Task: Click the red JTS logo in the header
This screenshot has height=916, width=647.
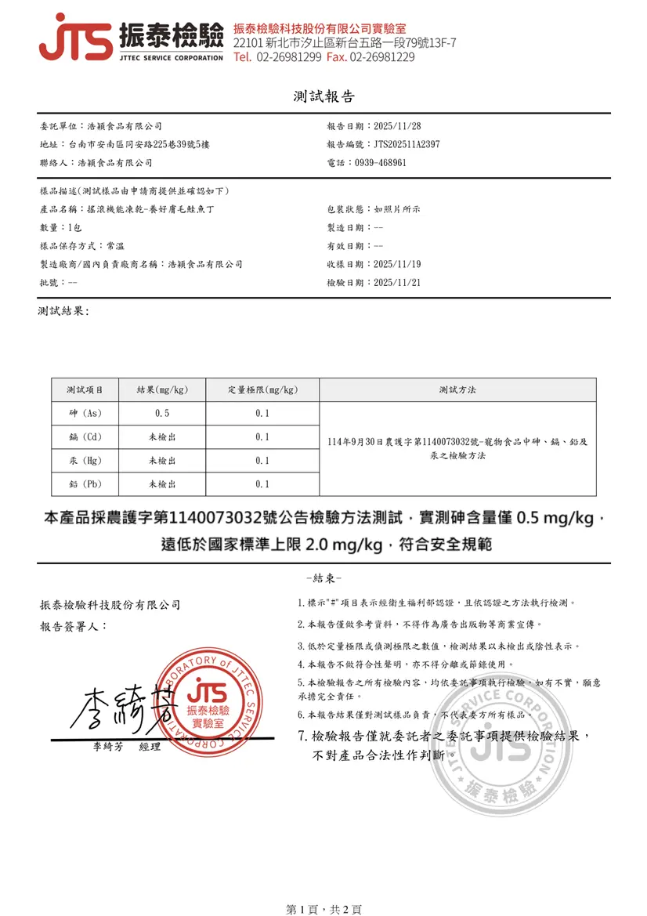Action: [75, 38]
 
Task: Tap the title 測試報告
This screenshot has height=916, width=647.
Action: [323, 97]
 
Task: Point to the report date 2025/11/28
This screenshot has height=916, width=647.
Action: [398, 126]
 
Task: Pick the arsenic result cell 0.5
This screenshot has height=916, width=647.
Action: [162, 413]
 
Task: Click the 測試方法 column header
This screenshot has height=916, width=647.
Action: [457, 389]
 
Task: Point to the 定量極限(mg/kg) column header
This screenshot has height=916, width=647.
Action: [262, 389]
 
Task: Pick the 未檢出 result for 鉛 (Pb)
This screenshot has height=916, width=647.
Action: [162, 484]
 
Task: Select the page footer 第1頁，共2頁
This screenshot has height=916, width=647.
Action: [323, 909]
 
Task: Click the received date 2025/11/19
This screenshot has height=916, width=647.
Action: [398, 265]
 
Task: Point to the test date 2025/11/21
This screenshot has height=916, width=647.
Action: [398, 283]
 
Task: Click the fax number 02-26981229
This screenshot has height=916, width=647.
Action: [382, 57]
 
